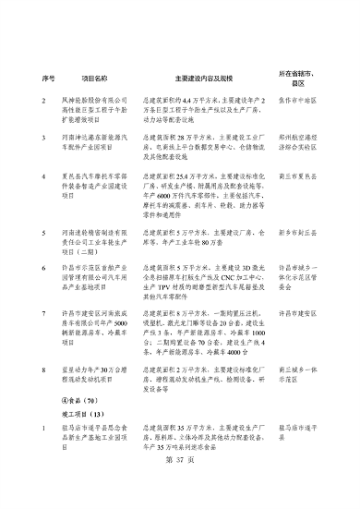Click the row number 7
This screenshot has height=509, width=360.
(44, 314)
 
